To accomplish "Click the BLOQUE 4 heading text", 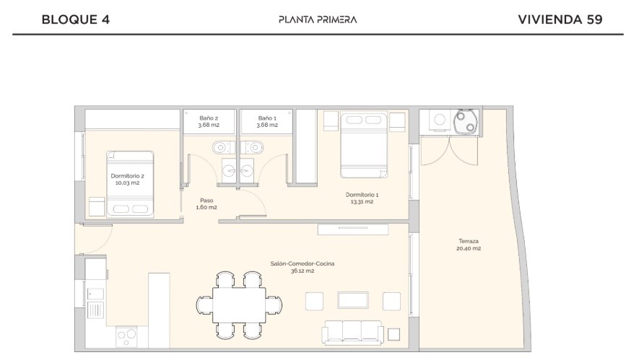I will [76, 19].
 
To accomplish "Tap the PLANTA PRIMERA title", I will [318, 19].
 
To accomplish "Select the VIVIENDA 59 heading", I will [560, 19].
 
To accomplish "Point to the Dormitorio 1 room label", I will [362, 198].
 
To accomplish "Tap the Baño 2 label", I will [209, 121].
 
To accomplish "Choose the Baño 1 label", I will [267, 121].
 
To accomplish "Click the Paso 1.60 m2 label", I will [206, 203].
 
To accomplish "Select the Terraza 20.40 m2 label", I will [469, 245].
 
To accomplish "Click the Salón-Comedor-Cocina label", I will [303, 267].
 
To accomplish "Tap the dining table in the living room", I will [239, 304].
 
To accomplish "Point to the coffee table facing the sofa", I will [353, 300].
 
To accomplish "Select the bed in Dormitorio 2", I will [130, 184].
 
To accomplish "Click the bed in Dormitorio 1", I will [364, 144].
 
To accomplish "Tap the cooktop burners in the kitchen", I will [127, 335].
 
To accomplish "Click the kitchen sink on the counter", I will [95, 294].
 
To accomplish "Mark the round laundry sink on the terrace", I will [466, 121].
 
